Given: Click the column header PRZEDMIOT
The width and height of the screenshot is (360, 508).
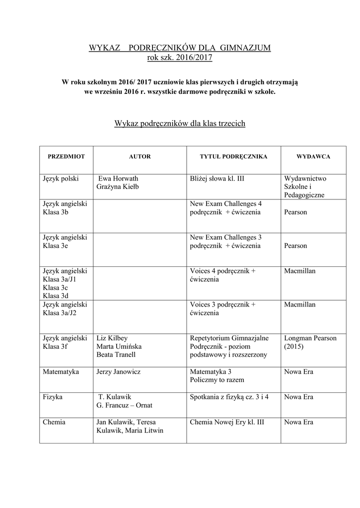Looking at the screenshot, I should point(66,157).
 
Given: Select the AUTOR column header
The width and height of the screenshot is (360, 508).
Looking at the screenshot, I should point(140,157).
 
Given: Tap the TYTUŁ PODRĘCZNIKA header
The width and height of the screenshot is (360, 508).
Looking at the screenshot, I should point(233,157).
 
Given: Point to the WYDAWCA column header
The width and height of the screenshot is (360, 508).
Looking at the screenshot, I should point(313,157).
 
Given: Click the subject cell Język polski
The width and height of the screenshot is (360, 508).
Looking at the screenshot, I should point(61,179).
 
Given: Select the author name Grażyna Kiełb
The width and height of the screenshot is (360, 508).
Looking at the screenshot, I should point(118,187).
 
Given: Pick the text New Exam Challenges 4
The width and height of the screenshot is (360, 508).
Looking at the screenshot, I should point(225,204).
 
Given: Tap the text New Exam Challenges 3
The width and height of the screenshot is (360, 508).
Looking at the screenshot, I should point(225,237).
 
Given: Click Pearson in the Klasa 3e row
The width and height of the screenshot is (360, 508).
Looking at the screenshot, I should point(296,246).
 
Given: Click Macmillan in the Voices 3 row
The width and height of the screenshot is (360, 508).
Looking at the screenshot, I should point(300,305).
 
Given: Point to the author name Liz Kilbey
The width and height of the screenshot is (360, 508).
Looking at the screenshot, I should point(113,338).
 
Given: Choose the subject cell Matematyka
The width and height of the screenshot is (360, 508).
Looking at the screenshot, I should point(61,372).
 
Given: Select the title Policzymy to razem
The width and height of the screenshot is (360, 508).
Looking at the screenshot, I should point(217,380).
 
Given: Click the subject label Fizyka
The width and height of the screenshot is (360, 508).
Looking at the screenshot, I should point(53,397).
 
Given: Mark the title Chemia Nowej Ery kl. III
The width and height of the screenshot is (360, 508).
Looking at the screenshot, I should point(226,422).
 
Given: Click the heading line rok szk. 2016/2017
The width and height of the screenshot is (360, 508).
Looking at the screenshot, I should point(180,58).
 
